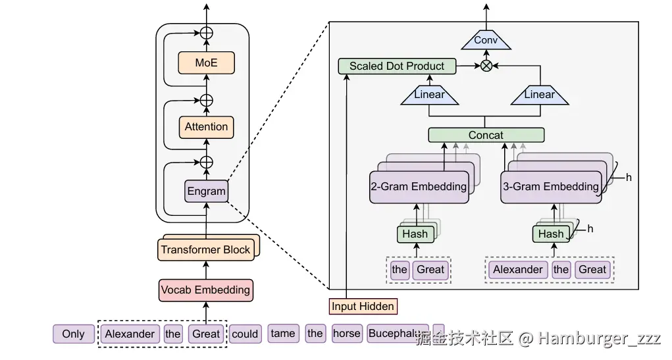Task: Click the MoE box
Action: coord(206,63)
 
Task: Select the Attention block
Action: coord(206,126)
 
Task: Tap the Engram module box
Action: coord(206,192)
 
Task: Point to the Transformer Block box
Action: coord(205,249)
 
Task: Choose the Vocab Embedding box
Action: coord(205,290)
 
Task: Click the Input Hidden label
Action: coord(363,306)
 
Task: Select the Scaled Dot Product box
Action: coord(397,66)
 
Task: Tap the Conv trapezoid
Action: coord(486,41)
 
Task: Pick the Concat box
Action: coord(486,135)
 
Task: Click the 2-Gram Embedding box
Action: coord(419,186)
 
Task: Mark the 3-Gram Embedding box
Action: coord(550,186)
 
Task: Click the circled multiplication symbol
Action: coord(486,66)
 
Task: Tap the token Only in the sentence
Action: coord(73,334)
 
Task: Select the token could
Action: coord(245,334)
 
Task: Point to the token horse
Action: coord(346,334)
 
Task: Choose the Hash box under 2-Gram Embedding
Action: coord(415,234)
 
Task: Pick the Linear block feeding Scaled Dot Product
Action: coord(429,95)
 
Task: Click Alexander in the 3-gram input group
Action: coord(518,269)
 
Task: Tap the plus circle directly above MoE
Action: coord(207,32)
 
